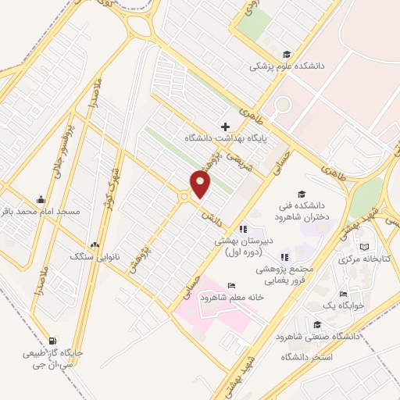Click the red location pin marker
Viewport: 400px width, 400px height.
tap(200, 184)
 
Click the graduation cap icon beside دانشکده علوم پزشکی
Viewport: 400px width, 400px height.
tap(287, 54)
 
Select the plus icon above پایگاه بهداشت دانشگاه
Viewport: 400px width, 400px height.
tap(225, 126)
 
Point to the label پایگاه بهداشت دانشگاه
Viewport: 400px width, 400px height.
tap(225, 138)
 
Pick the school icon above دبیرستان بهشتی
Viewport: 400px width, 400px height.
tap(243, 228)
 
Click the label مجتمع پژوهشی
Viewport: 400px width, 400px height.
tap(284, 268)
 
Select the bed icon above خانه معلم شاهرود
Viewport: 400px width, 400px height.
tap(230, 285)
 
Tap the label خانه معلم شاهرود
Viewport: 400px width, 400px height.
tap(230, 298)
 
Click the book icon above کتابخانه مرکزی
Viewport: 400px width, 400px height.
tap(364, 247)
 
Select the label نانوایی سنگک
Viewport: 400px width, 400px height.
tap(94, 255)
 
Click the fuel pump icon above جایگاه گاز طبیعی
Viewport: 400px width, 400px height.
tap(52, 340)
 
